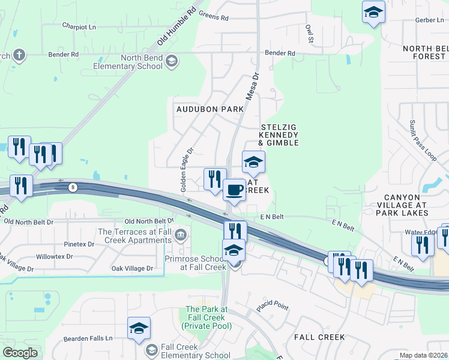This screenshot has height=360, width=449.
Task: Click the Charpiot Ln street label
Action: (79, 26)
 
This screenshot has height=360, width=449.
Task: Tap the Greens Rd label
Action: (214, 18)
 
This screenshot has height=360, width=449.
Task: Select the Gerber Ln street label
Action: (429, 20)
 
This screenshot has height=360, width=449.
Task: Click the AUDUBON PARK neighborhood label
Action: (210, 109)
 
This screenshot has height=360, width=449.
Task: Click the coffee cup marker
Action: (234, 190)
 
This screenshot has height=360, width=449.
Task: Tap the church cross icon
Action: (19, 55)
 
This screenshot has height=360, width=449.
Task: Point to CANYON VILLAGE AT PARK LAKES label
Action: (406, 205)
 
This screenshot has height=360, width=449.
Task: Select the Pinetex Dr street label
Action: (79, 244)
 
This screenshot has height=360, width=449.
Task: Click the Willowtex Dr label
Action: (54, 256)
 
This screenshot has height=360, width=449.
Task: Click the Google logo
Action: (20, 353)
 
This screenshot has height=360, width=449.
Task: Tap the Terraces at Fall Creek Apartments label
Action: (134, 236)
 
